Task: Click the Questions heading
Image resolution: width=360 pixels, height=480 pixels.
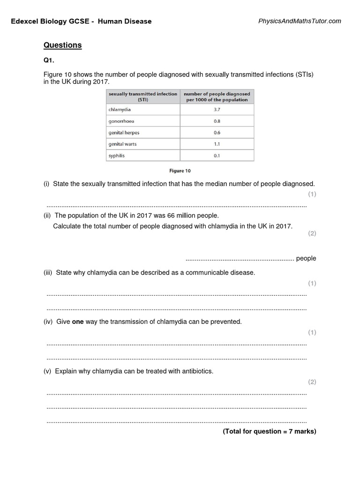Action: click(62, 45)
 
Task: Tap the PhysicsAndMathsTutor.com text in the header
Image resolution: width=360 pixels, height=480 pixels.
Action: click(300, 21)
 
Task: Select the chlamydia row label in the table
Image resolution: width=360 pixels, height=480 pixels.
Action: click(120, 109)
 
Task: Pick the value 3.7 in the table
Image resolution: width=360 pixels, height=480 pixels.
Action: click(217, 109)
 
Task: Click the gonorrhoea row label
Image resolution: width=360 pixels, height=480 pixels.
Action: click(121, 121)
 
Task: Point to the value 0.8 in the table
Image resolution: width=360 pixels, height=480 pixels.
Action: click(217, 121)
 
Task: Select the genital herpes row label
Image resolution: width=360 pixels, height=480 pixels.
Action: click(124, 133)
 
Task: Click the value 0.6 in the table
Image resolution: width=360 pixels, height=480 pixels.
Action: click(217, 133)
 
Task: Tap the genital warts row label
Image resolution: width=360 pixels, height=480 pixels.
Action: click(123, 144)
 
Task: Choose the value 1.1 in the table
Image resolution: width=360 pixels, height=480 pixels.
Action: click(217, 144)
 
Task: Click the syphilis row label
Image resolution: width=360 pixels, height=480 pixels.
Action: click(117, 156)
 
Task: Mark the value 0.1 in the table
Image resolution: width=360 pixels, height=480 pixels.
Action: click(217, 156)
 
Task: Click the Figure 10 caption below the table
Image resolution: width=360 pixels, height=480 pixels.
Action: click(180, 171)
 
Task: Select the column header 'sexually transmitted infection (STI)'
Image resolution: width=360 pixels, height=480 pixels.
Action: click(143, 97)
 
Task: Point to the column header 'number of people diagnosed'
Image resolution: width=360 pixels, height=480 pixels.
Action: click(217, 97)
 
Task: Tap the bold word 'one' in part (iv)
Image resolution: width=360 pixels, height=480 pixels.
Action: click(77, 322)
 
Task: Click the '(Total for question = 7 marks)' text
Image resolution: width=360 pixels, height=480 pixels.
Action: click(270, 431)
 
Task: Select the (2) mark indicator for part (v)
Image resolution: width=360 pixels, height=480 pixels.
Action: click(312, 382)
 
